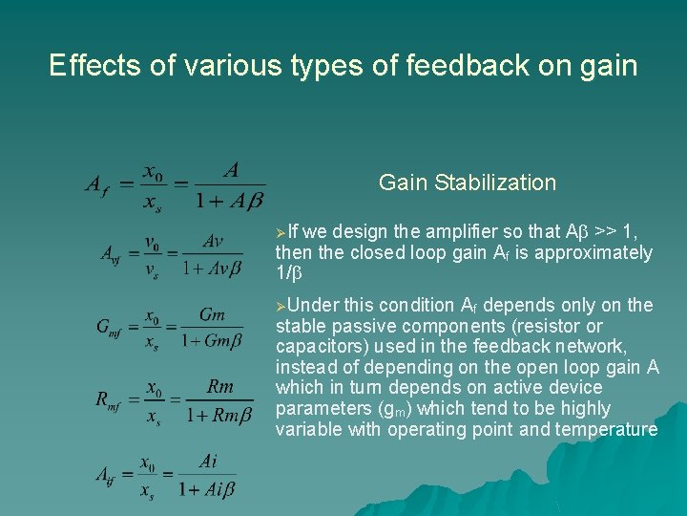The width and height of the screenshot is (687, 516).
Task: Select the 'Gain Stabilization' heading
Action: (467, 183)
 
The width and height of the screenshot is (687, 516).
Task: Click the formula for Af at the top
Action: (173, 185)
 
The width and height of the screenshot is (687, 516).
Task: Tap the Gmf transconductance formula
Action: (175, 328)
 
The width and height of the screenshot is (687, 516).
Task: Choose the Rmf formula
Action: (174, 400)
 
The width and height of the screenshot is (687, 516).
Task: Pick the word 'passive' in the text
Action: (357, 326)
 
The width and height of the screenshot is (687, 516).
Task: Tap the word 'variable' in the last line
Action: (305, 430)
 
